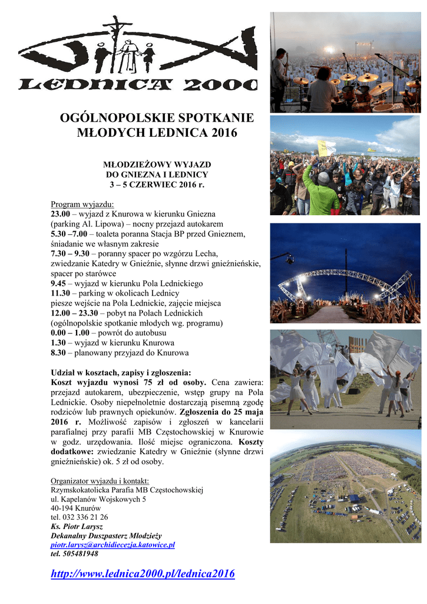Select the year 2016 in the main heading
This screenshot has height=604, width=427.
pyautogui.click(x=217, y=133)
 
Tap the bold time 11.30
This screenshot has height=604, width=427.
pyautogui.click(x=61, y=293)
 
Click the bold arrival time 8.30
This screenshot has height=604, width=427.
pyautogui.click(x=58, y=353)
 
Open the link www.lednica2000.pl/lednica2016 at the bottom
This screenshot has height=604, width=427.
pyautogui.click(x=143, y=574)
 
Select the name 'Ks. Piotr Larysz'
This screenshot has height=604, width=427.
pyautogui.click(x=77, y=526)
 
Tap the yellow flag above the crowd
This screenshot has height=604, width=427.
pyautogui.click(x=326, y=147)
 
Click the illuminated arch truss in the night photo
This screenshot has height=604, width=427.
pyautogui.click(x=345, y=277)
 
